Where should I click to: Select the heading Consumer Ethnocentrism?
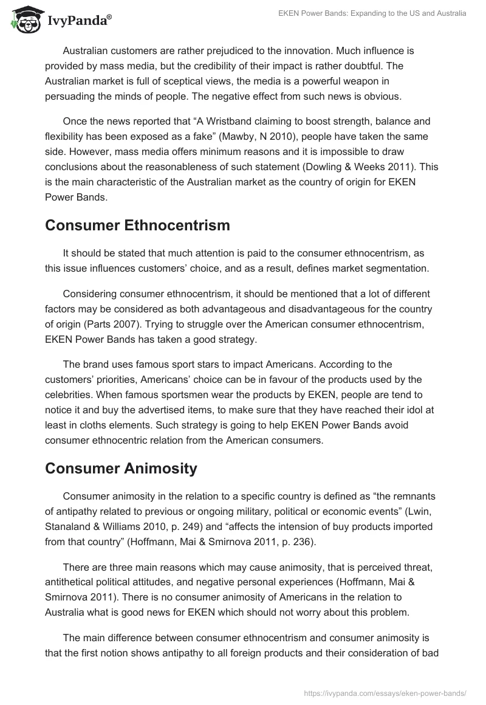point(137,225)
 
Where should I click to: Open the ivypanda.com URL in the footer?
point(385,692)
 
